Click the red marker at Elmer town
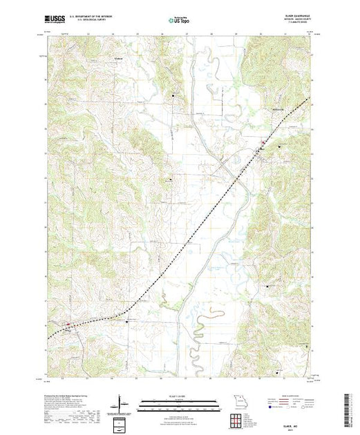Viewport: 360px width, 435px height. click(x=261, y=144)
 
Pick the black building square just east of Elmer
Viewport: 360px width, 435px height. click(x=279, y=146)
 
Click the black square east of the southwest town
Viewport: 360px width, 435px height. click(x=127, y=320)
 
